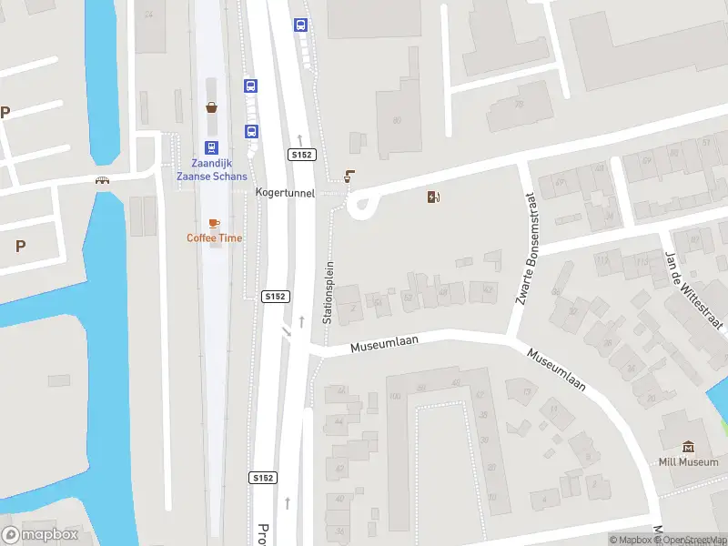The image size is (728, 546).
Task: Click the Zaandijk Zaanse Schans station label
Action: pos(211,169)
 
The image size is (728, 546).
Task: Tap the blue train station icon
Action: pos(211,147)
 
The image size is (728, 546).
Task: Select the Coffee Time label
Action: pos(215,238)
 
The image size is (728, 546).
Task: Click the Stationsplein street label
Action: pos(329,293)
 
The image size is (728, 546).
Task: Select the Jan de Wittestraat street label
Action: pos(694,291)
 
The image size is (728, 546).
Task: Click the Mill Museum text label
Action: pos(689,461)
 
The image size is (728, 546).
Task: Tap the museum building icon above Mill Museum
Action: pos(689,446)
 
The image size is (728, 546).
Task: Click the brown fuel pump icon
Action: pos(433,197)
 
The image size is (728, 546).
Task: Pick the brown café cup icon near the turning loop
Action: pos(349,176)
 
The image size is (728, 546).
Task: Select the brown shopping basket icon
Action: pos(211,107)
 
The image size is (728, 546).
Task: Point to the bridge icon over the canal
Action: pos(102,180)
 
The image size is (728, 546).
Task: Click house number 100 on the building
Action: pos(394,397)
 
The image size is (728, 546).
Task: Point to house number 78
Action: pos(519,103)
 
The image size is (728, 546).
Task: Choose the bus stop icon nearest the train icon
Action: pos(250,130)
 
